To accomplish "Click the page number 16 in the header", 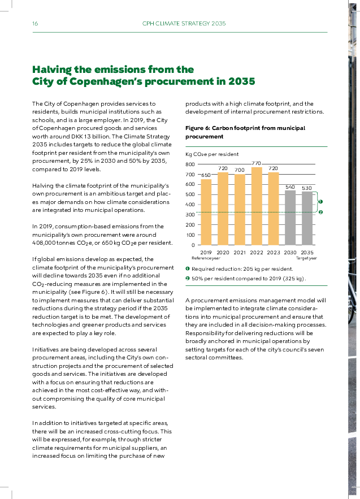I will tap(35, 24).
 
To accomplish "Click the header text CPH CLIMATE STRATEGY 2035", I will tap(184, 24).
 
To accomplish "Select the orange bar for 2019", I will tap(206, 212).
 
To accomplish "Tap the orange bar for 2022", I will tap(257, 206).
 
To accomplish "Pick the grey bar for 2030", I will tap(290, 218).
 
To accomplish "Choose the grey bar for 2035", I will tap(307, 218).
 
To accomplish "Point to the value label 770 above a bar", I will tap(257, 163).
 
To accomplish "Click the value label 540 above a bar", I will tap(290, 186).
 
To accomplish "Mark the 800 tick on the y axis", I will tap(190, 164).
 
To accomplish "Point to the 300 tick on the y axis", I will tap(190, 215).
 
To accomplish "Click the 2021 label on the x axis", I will tap(240, 252).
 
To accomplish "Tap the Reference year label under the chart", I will tap(206, 258).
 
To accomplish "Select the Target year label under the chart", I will tap(306, 258).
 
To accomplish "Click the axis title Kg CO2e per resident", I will tap(212, 154).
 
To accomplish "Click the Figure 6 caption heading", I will tap(245, 132).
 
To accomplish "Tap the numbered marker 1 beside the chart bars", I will tap(320, 201).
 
